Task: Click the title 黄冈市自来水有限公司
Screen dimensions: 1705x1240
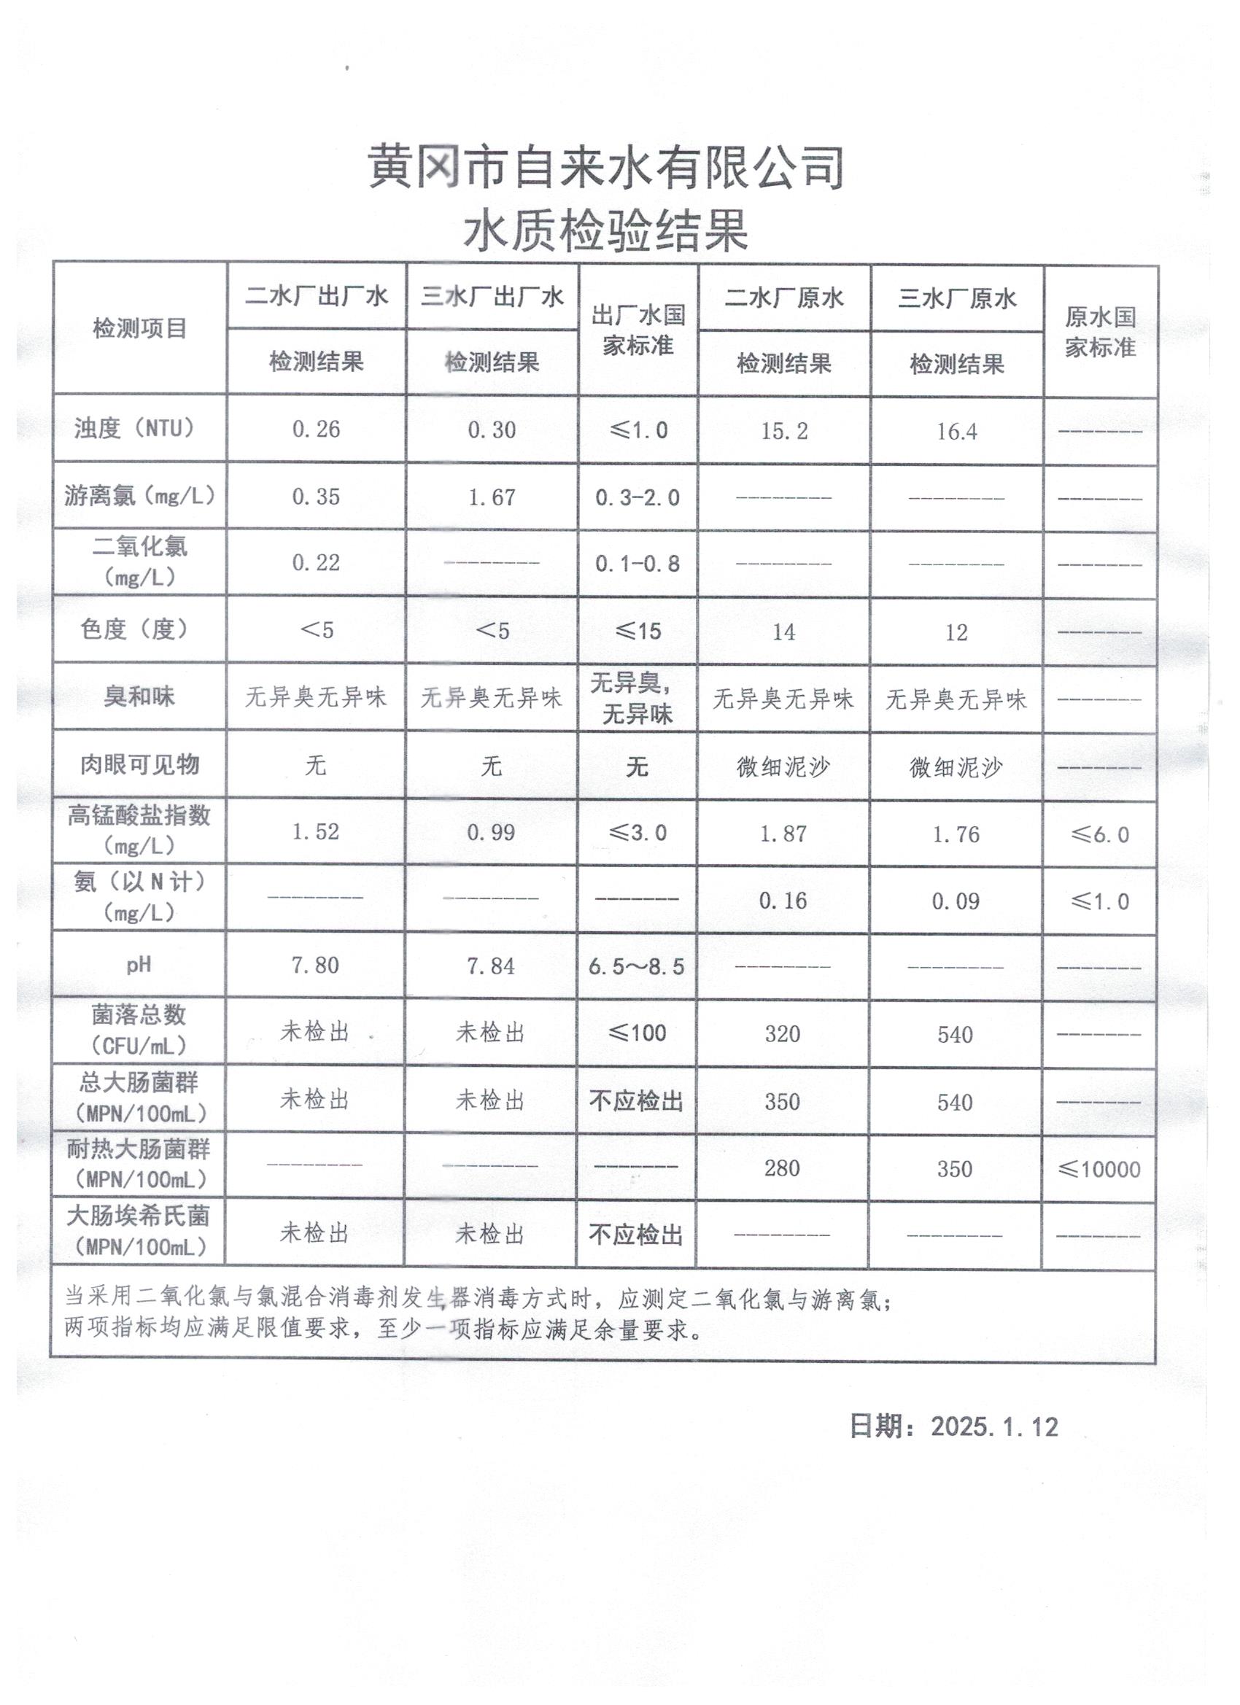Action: [606, 167]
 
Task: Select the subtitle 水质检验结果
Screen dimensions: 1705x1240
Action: [606, 230]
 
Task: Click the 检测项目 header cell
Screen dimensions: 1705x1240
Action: [140, 328]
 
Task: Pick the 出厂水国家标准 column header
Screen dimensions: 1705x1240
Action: [638, 330]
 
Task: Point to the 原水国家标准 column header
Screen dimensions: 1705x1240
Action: [1099, 332]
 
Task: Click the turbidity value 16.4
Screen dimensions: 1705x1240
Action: [956, 432]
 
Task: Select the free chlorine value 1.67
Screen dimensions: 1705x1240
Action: [492, 497]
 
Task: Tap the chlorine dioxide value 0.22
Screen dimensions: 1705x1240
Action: [316, 562]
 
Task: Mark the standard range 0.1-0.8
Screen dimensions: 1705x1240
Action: [638, 563]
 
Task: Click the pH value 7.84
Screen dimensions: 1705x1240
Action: [491, 966]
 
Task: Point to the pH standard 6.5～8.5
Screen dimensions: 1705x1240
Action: [637, 967]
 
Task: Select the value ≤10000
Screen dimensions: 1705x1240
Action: [1098, 1169]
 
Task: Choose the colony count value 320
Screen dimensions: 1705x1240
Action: [783, 1033]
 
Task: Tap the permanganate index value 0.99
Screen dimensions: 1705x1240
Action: [491, 832]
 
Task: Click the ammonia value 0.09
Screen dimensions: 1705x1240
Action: [956, 901]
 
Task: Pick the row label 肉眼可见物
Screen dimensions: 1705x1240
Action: [140, 764]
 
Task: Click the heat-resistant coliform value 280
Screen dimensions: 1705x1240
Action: [782, 1168]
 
